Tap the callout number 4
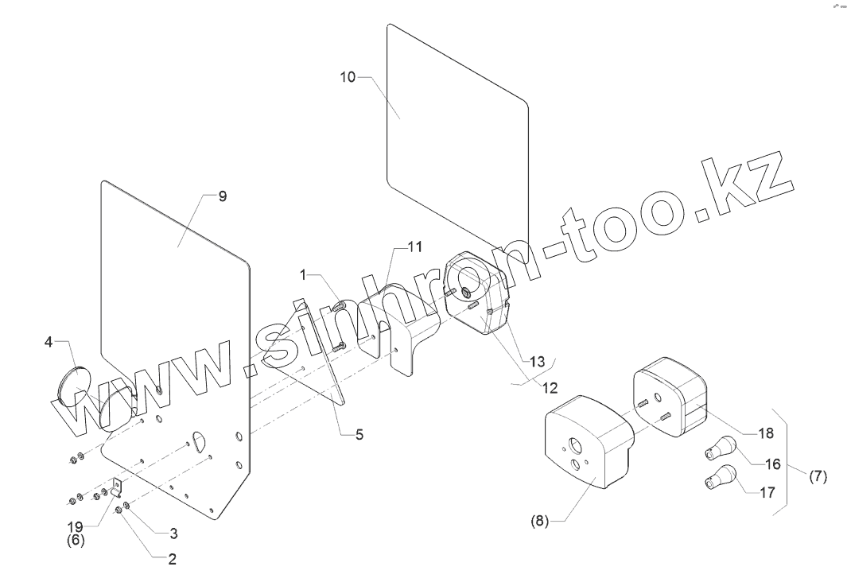[x=49, y=343]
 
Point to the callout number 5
[x=359, y=435]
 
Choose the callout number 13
[x=538, y=362]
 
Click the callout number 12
[x=550, y=387]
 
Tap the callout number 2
[x=170, y=558]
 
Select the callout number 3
[x=169, y=532]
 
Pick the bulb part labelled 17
[x=717, y=479]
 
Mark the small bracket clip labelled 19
[x=117, y=487]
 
